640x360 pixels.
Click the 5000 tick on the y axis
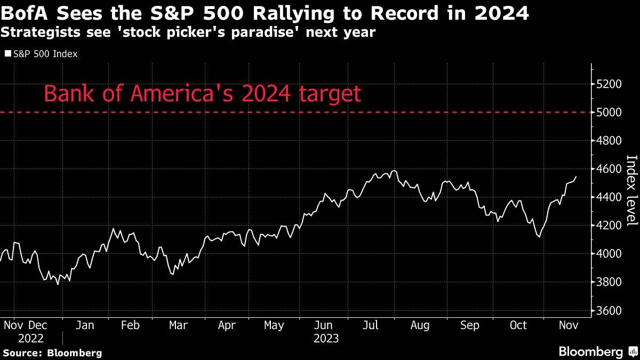pyautogui.click(x=607, y=113)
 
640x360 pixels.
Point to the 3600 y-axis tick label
pyautogui.click(x=607, y=310)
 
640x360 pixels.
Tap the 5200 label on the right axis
pyautogui.click(x=607, y=84)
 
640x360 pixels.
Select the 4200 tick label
pyautogui.click(x=607, y=226)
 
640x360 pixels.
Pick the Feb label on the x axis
pyautogui.click(x=130, y=325)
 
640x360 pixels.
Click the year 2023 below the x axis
pyautogui.click(x=325, y=338)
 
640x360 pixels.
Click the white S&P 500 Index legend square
pyautogui.click(x=7, y=54)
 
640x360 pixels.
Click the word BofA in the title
pyautogui.click(x=25, y=12)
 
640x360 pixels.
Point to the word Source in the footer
pyautogui.click(x=22, y=353)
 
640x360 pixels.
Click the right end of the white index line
pyautogui.click(x=575, y=177)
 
